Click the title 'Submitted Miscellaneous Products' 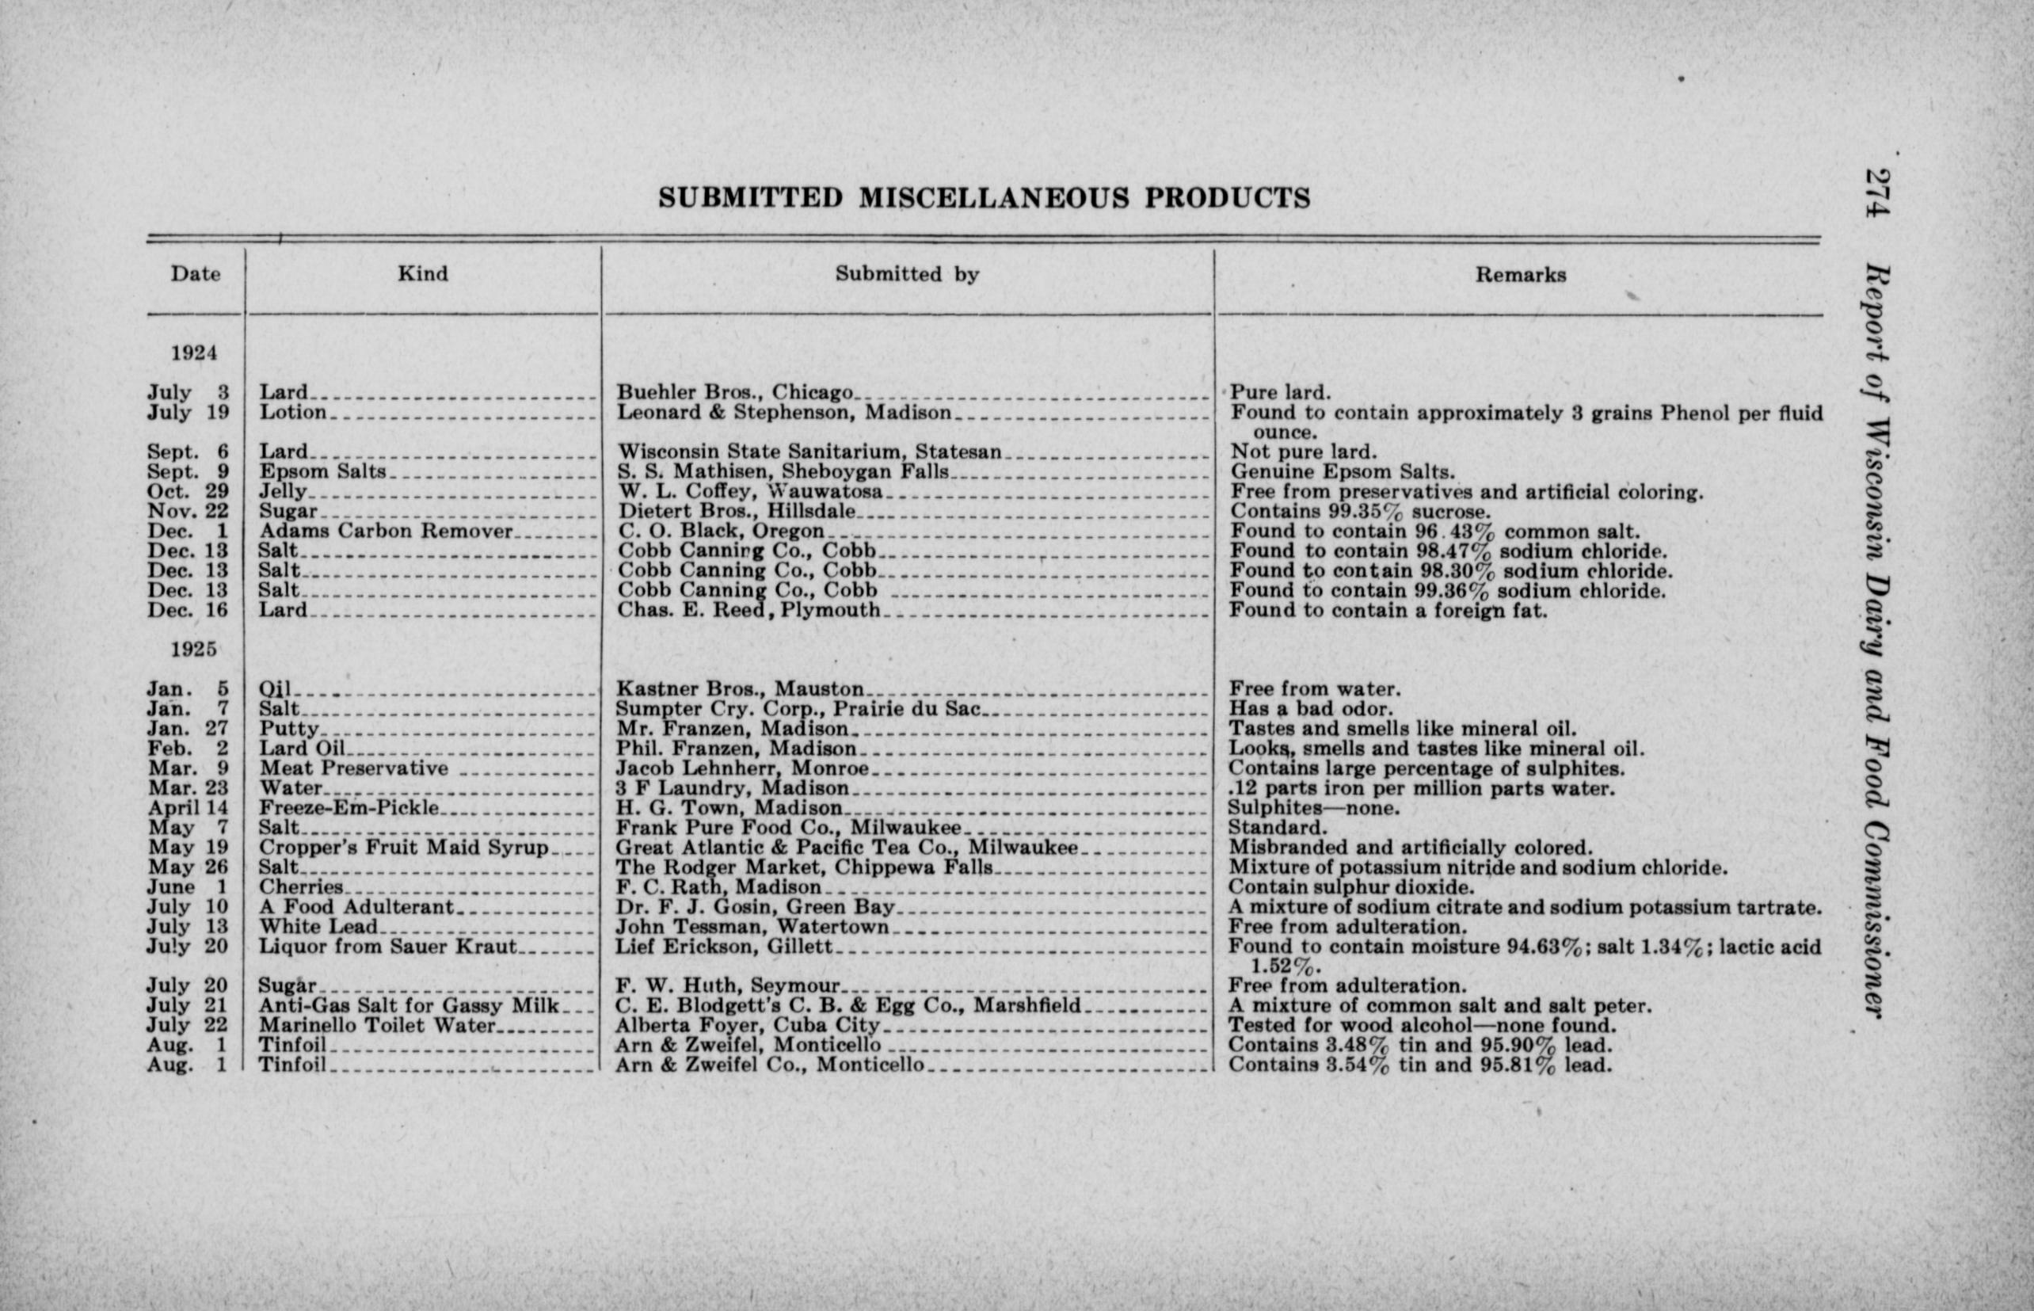pyautogui.click(x=984, y=197)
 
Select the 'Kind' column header pyautogui.click(x=422, y=273)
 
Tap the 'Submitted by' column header pyautogui.click(x=906, y=274)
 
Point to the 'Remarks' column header pyautogui.click(x=1520, y=275)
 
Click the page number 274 pyautogui.click(x=1877, y=193)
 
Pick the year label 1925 pyautogui.click(x=194, y=649)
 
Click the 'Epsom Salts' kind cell pyautogui.click(x=322, y=471)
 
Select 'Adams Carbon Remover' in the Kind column pyautogui.click(x=386, y=532)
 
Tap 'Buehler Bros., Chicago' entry pyautogui.click(x=734, y=392)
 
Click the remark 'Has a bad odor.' pyautogui.click(x=1311, y=709)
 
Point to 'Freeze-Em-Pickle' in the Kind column pyautogui.click(x=349, y=808)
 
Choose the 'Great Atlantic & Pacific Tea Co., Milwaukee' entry pyautogui.click(x=847, y=848)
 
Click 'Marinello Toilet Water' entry pyautogui.click(x=376, y=1026)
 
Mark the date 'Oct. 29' pyautogui.click(x=187, y=492)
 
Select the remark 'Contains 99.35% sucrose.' pyautogui.click(x=1360, y=512)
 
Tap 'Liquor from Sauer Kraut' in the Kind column pyautogui.click(x=387, y=947)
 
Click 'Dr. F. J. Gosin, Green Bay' pyautogui.click(x=755, y=908)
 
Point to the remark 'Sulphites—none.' pyautogui.click(x=1313, y=808)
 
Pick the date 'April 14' pyautogui.click(x=187, y=808)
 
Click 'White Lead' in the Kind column pyautogui.click(x=318, y=927)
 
